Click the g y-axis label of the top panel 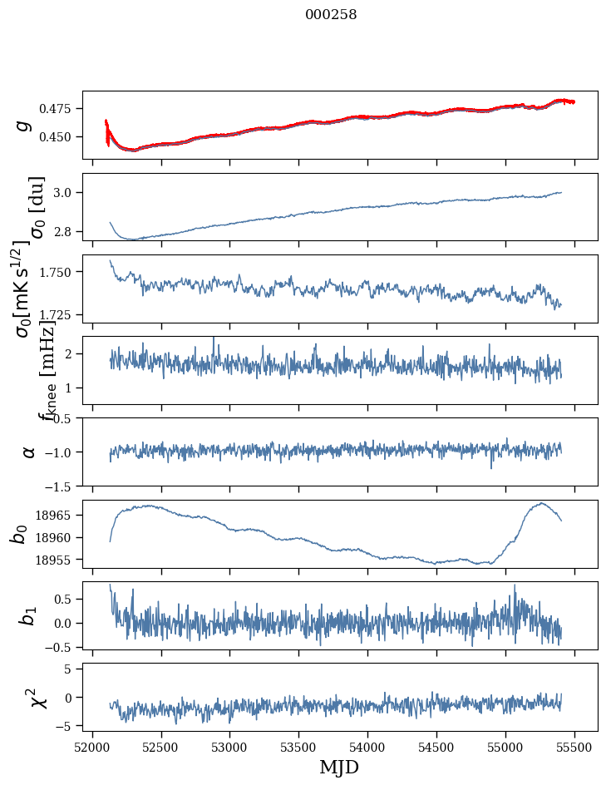pos(24,125)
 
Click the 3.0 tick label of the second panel pos(67,193)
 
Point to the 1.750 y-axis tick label pos(59,272)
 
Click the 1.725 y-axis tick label pos(59,315)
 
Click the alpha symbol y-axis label pos(28,452)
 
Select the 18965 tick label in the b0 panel pos(57,516)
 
